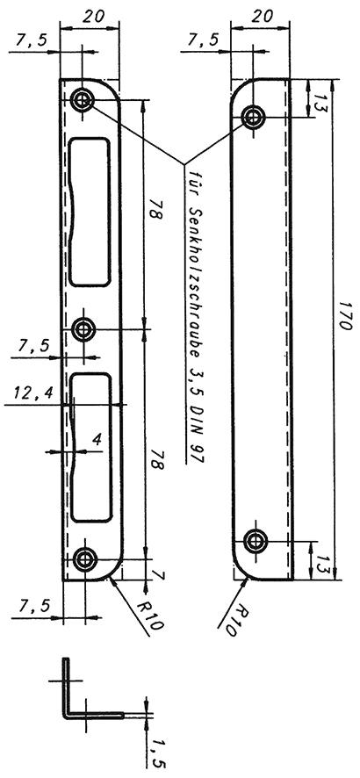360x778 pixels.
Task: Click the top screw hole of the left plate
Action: (83, 101)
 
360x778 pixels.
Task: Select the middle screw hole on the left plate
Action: (83, 328)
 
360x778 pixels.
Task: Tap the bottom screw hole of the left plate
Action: (85, 559)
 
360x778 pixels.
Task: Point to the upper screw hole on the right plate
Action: (254, 117)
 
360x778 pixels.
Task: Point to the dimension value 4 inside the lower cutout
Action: (97, 440)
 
